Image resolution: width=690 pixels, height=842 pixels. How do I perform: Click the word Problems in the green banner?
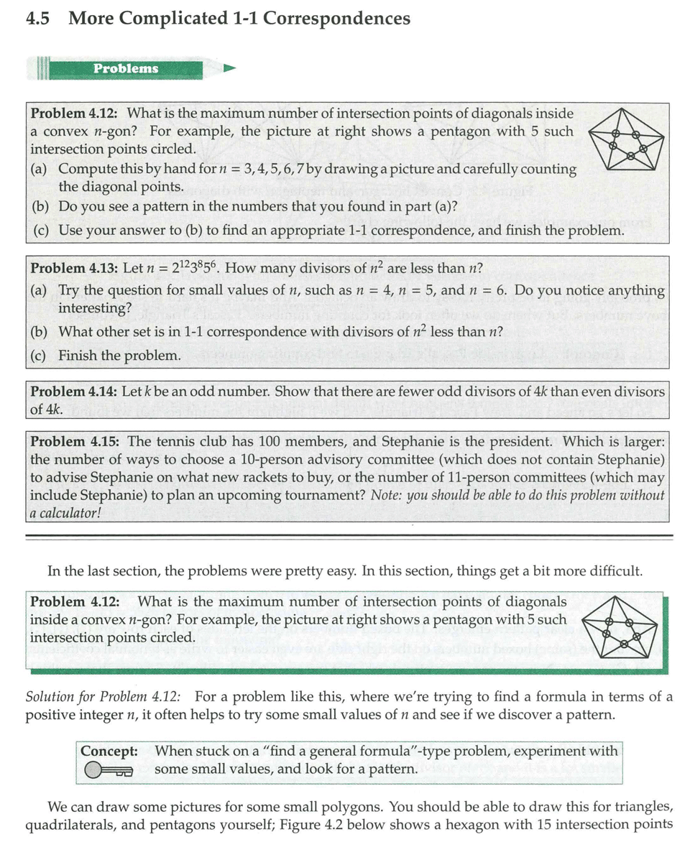[x=126, y=69]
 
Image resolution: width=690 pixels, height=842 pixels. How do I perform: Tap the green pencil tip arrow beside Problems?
[x=229, y=69]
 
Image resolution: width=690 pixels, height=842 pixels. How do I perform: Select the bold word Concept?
[x=109, y=751]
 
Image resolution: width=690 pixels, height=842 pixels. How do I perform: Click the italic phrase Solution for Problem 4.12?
[x=103, y=696]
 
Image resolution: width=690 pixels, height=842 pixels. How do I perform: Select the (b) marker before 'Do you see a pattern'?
[x=41, y=206]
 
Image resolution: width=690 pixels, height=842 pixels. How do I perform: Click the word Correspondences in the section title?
[x=337, y=19]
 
